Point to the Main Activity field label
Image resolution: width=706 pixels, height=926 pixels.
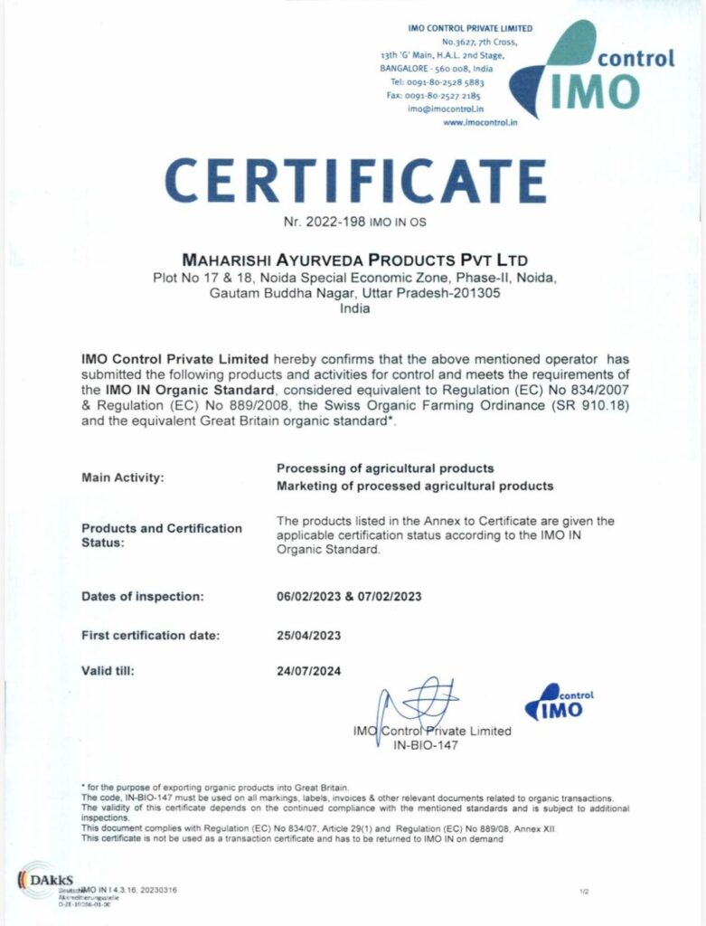(123, 477)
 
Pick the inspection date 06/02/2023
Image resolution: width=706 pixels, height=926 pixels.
(309, 597)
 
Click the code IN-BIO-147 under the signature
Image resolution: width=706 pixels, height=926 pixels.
(426, 746)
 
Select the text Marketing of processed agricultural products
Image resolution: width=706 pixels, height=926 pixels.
(414, 486)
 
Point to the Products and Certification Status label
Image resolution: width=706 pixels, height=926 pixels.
(162, 534)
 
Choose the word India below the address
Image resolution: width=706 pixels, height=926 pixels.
(353, 308)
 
